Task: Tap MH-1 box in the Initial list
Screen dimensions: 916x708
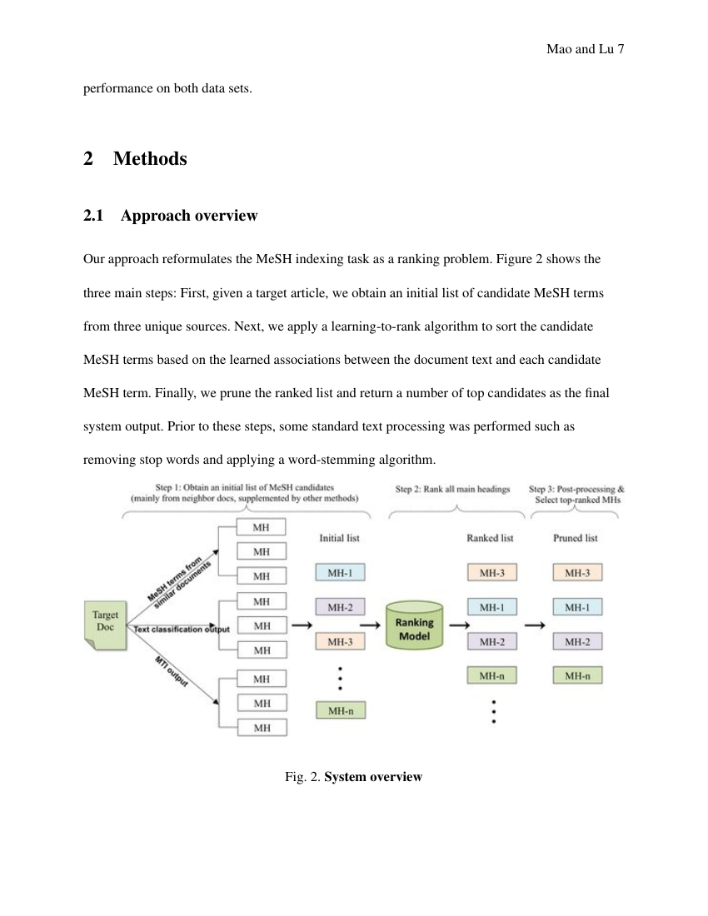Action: (x=340, y=573)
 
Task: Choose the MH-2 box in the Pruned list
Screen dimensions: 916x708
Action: (x=577, y=642)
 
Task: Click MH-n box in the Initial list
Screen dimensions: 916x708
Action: (x=340, y=710)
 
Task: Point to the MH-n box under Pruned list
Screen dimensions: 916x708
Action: (x=577, y=676)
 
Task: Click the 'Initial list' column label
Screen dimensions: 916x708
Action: (x=339, y=539)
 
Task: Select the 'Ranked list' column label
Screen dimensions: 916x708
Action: (x=490, y=539)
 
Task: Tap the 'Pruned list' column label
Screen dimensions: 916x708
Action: (x=576, y=539)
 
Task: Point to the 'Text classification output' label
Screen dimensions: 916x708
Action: (x=182, y=630)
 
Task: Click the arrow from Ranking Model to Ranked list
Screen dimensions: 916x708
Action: (x=458, y=625)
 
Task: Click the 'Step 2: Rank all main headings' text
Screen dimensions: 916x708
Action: (x=452, y=490)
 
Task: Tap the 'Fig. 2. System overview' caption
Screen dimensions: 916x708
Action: (x=353, y=777)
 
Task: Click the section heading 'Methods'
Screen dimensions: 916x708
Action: (x=150, y=158)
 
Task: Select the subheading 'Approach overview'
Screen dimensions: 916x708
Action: (x=189, y=216)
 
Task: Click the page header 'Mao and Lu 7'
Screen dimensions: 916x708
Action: (x=585, y=50)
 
